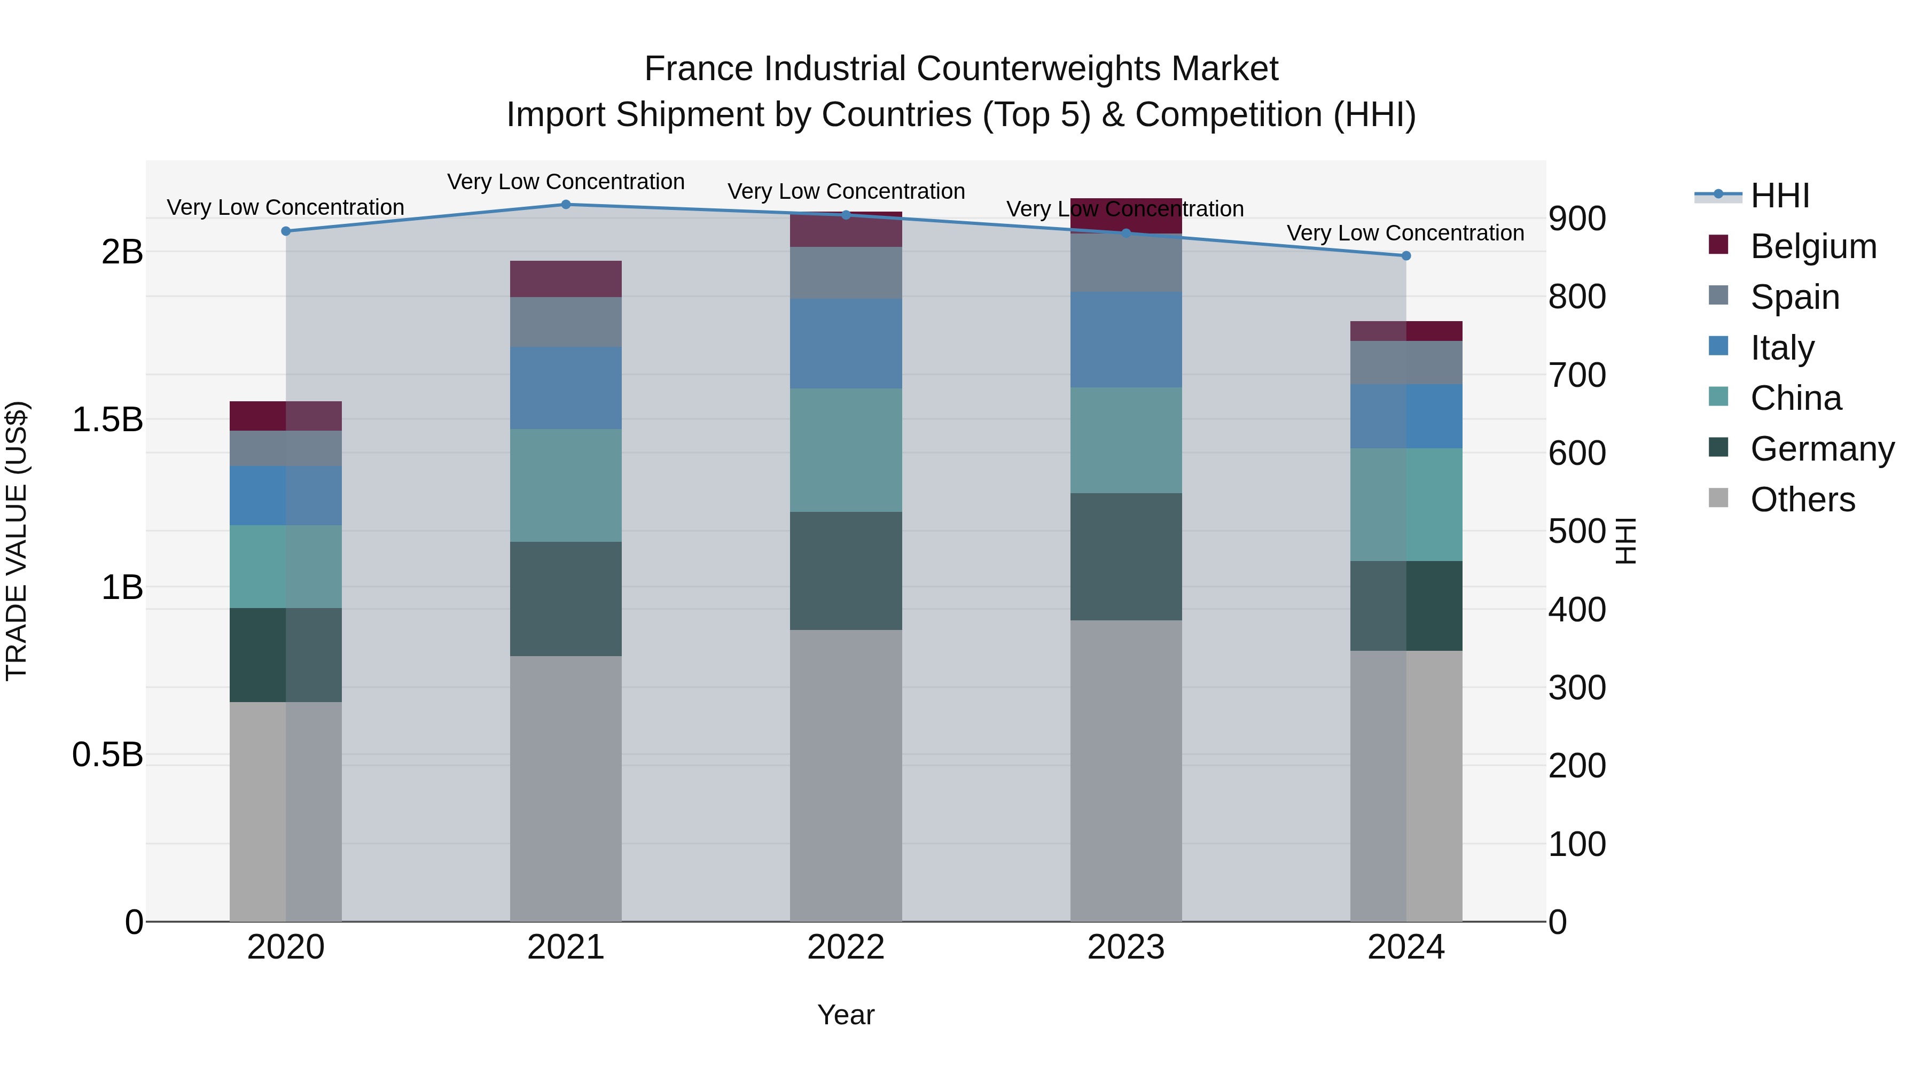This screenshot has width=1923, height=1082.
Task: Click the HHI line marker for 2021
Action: point(565,205)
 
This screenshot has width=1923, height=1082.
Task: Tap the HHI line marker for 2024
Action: point(1406,256)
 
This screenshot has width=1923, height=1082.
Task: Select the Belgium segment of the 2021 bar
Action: point(565,279)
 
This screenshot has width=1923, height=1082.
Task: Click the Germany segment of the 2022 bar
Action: point(846,571)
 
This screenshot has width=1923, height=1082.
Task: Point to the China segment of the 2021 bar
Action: point(565,485)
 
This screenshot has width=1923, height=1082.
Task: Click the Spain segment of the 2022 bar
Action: point(846,273)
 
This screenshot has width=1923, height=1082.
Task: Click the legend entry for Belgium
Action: point(1812,246)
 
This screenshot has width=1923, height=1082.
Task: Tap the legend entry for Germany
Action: point(1822,449)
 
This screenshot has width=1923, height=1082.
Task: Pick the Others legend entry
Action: point(1802,500)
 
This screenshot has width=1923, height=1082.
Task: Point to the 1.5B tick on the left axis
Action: point(107,419)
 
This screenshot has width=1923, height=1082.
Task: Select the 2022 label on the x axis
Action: point(846,947)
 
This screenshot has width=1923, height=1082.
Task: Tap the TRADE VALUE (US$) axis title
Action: point(17,541)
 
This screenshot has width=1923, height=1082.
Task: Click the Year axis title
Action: point(846,1015)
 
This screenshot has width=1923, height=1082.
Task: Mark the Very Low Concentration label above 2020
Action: point(285,208)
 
